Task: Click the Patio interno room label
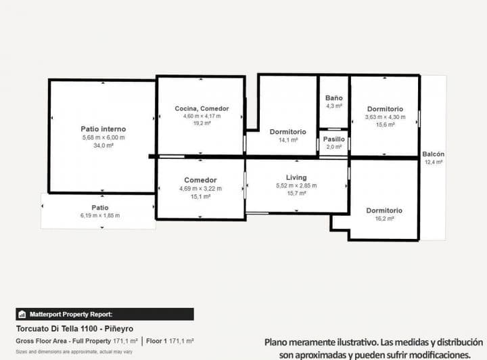click(103, 129)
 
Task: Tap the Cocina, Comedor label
click(202, 108)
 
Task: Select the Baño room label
click(334, 98)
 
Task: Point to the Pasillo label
click(334, 139)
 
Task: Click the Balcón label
click(433, 154)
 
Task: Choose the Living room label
click(296, 177)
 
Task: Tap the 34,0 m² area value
click(103, 145)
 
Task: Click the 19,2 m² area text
click(202, 124)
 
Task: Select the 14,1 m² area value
click(287, 140)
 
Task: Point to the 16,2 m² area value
click(384, 219)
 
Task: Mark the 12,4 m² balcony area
click(433, 162)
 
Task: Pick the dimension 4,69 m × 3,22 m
click(200, 188)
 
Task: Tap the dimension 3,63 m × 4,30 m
click(385, 116)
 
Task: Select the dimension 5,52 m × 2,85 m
click(296, 185)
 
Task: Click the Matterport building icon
click(22, 314)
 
